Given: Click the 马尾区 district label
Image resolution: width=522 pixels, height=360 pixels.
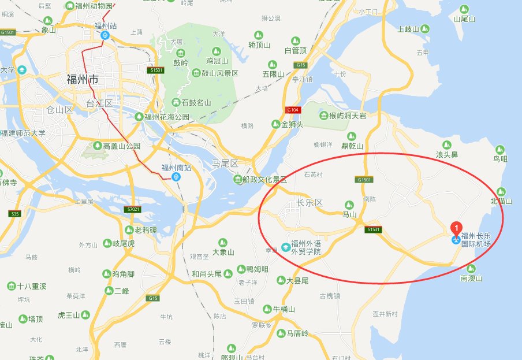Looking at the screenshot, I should (x=226, y=164).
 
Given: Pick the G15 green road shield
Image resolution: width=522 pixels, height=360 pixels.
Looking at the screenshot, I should (x=152, y=298).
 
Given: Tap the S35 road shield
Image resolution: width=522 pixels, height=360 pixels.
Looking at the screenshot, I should (x=14, y=214).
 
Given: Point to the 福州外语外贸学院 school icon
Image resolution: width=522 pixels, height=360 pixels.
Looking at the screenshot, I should (x=285, y=247).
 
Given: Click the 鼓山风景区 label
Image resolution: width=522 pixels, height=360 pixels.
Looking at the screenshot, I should (x=215, y=73).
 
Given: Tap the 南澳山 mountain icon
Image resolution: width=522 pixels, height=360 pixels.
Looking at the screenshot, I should (x=472, y=268).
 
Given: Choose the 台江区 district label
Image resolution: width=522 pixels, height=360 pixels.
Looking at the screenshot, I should (x=99, y=103).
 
